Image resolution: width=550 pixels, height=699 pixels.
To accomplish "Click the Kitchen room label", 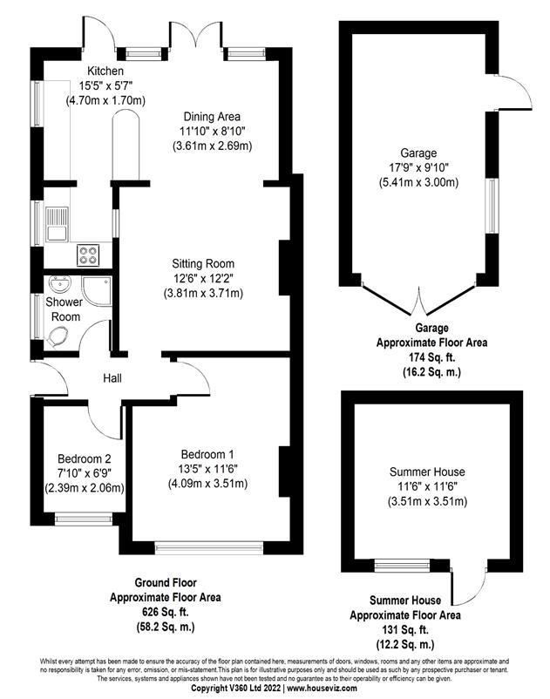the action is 105,71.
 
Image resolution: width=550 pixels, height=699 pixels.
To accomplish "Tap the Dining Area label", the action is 212,117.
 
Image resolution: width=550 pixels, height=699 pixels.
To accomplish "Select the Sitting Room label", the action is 203,263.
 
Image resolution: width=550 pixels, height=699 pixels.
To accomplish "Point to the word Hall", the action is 112,378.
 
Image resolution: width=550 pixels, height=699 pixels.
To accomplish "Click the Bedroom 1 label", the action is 207,454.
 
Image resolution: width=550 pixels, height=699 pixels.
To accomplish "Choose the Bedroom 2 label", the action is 85,458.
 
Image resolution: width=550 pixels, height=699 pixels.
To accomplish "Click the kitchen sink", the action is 57,224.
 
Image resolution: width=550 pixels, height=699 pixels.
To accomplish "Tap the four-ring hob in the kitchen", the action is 88,255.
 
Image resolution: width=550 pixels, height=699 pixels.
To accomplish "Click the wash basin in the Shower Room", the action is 60,283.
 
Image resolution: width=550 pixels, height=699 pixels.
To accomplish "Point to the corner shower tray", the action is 96,291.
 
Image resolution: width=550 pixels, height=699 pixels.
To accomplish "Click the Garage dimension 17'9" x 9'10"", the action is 418,167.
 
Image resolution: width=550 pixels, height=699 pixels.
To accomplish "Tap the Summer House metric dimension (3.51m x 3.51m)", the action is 427,501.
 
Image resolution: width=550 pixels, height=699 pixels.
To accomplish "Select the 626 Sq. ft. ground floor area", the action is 166,612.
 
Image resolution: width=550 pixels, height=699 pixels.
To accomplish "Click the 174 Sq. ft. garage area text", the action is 431,357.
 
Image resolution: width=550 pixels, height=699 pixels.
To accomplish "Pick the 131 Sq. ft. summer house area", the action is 404,630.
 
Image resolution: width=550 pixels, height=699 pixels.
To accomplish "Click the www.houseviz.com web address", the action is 322,689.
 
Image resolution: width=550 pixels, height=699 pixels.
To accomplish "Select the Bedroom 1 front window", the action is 208,547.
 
